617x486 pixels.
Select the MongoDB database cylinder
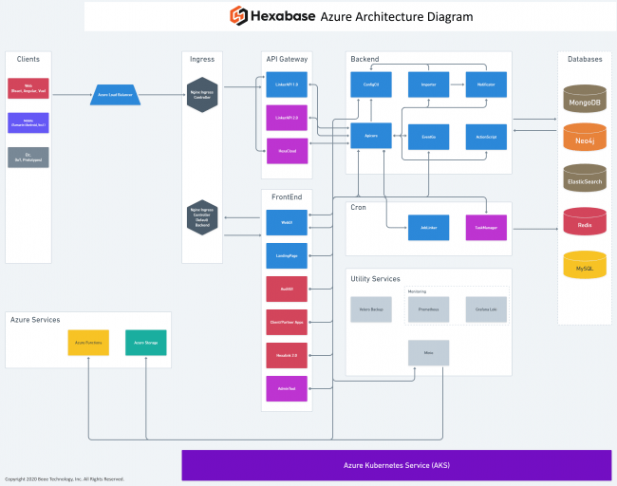(x=584, y=99)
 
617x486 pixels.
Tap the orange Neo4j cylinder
(x=584, y=139)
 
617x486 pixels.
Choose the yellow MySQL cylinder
(x=584, y=266)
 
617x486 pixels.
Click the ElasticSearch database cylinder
(x=584, y=179)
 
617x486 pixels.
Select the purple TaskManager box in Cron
(x=486, y=228)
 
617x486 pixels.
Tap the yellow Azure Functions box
(x=87, y=343)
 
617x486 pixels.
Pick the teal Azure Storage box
(x=145, y=343)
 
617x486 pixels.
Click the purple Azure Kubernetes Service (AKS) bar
(x=396, y=465)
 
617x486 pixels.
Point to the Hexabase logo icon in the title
(x=239, y=16)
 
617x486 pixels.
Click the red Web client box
(x=28, y=88)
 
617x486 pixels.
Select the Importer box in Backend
(x=428, y=84)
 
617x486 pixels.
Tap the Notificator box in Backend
(x=486, y=84)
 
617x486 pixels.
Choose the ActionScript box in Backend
(x=486, y=137)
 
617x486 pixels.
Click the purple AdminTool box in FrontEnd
(x=286, y=388)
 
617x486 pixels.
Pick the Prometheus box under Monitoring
(x=428, y=309)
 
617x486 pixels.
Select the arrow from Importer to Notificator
(x=457, y=84)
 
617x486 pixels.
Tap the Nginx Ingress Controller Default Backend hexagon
(x=201, y=216)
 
